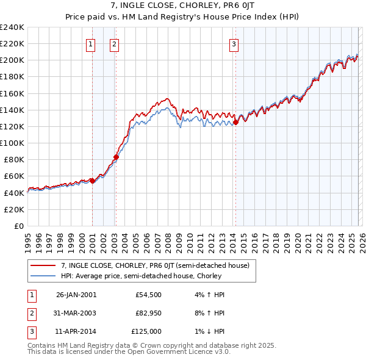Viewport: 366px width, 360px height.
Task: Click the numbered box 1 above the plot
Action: point(91,43)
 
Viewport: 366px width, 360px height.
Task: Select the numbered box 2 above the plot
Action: point(115,43)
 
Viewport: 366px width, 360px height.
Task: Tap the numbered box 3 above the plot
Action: point(234,43)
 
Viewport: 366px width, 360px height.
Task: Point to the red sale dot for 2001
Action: point(92,181)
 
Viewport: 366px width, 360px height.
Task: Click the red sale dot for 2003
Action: point(116,157)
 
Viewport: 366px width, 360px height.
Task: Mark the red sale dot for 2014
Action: point(235,122)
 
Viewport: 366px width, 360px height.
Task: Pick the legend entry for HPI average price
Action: point(141,276)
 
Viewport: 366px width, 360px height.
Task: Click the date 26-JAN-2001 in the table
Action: point(76,295)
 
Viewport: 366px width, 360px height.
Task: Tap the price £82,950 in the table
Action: point(148,314)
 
